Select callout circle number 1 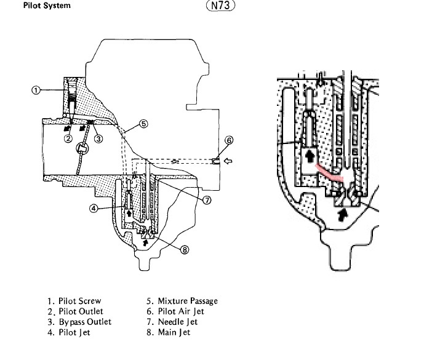point(36,90)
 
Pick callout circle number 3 point(98,138)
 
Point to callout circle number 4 point(94,209)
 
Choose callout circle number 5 point(143,124)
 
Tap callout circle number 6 point(229,140)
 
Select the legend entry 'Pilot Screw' point(71,301)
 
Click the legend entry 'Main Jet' point(169,332)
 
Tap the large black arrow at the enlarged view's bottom point(341,214)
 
